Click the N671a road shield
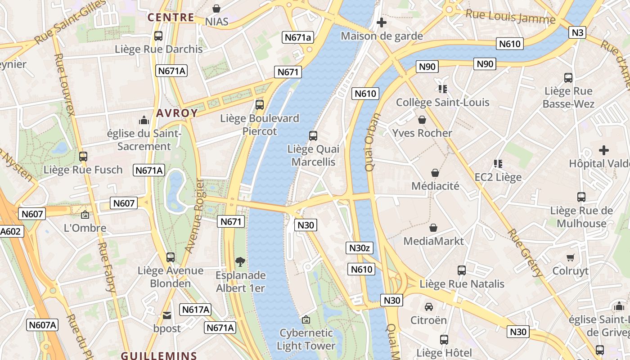(x=297, y=37)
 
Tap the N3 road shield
(x=577, y=32)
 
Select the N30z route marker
(x=359, y=247)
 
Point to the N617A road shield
(x=195, y=310)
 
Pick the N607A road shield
(x=42, y=325)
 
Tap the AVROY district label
(x=177, y=113)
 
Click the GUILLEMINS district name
(x=159, y=355)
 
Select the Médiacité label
(x=435, y=185)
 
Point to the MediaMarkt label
(x=433, y=241)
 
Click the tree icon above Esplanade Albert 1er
(x=240, y=261)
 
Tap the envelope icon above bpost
(x=167, y=315)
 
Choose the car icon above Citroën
(x=429, y=307)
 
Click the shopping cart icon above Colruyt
(x=570, y=258)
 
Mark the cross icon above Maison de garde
(x=382, y=22)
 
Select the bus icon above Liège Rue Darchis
(x=158, y=36)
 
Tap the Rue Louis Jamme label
(x=510, y=17)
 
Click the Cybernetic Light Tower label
(x=306, y=339)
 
